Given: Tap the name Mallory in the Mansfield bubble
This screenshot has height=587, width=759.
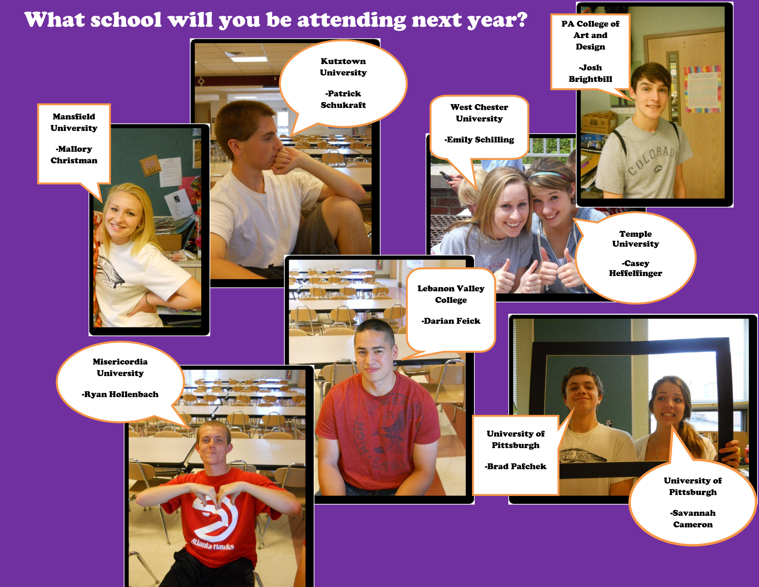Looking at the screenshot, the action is coord(74,149).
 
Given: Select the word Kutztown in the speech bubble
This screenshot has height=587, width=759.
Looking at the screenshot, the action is coord(343,61).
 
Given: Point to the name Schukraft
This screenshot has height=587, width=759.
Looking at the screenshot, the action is coord(343,105).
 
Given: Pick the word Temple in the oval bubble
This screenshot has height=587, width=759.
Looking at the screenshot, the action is coord(636,234).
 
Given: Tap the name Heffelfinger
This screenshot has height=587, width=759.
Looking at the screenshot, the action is coord(636,273).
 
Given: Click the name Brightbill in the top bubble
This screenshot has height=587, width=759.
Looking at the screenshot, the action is coord(590,79).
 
